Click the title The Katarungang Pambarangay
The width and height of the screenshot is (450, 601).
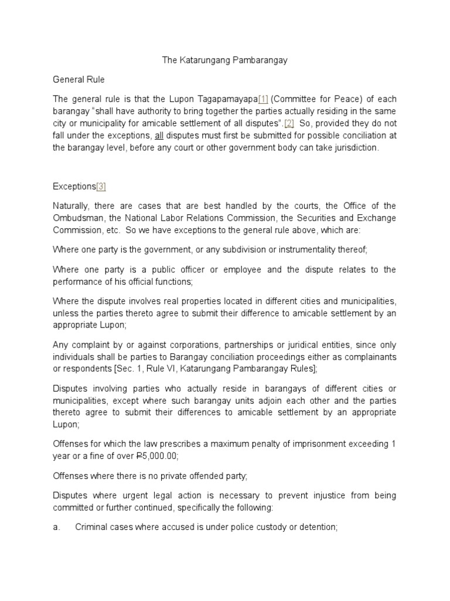pyautogui.click(x=224, y=60)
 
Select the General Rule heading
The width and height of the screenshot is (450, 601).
pyautogui.click(x=79, y=79)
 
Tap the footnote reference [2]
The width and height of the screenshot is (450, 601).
pyautogui.click(x=289, y=123)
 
